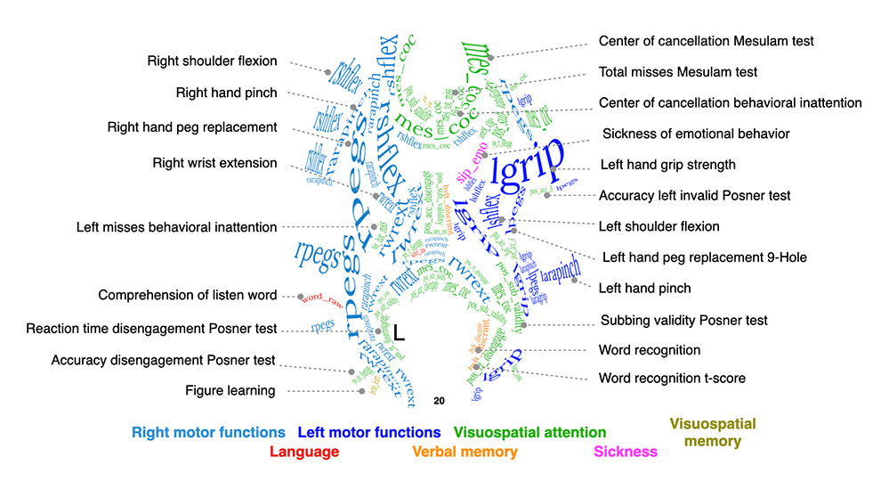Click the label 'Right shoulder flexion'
[x=213, y=61]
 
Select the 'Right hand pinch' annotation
[x=226, y=93]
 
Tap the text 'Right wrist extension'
[x=214, y=163]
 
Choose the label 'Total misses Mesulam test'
[x=678, y=72]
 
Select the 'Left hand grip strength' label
[x=667, y=165]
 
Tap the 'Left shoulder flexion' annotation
[x=659, y=226]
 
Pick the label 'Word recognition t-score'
[x=672, y=379]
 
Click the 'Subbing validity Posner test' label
[x=683, y=320]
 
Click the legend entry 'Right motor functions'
[x=208, y=433]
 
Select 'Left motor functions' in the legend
[x=369, y=433]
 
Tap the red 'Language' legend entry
[x=303, y=452]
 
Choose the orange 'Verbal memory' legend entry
[x=465, y=452]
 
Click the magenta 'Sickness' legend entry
[x=626, y=452]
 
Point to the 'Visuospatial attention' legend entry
[x=530, y=433]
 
